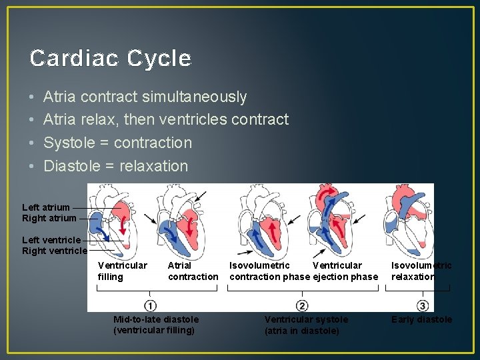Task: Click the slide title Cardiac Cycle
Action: pyautogui.click(x=111, y=59)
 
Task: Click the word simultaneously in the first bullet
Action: pyautogui.click(x=194, y=97)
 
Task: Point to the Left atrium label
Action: pyautogui.click(x=46, y=207)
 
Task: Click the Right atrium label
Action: pyautogui.click(x=49, y=218)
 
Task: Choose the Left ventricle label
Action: pyautogui.click(x=51, y=240)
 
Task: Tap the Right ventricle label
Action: pyautogui.click(x=55, y=251)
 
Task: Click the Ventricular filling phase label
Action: pyautogui.click(x=122, y=271)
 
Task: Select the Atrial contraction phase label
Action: pyautogui.click(x=193, y=271)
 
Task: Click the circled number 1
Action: pyautogui.click(x=151, y=305)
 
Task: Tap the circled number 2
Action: pyautogui.click(x=302, y=305)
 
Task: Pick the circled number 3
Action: pyautogui.click(x=423, y=305)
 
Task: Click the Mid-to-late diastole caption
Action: pyautogui.click(x=156, y=325)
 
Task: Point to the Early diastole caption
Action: pyautogui.click(x=421, y=319)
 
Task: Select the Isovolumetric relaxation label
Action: pyautogui.click(x=421, y=271)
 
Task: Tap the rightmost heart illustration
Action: pyautogui.click(x=408, y=220)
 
